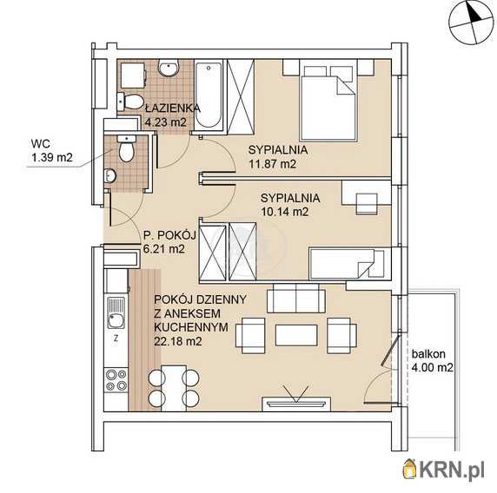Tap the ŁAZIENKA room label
point(173,108)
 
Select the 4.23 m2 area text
point(165,122)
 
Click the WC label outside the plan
point(41,144)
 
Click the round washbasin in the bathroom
point(169,68)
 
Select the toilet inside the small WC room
point(127,148)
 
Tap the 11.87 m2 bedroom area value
point(272,164)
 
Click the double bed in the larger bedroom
point(328,103)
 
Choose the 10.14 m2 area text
point(284,212)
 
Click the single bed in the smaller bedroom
point(348,264)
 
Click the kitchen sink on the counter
point(116,312)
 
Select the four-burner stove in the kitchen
point(116,380)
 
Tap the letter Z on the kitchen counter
point(116,339)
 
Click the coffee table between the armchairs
point(296,335)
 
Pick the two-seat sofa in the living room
point(296,299)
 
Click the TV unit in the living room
point(296,404)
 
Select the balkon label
point(428,354)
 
